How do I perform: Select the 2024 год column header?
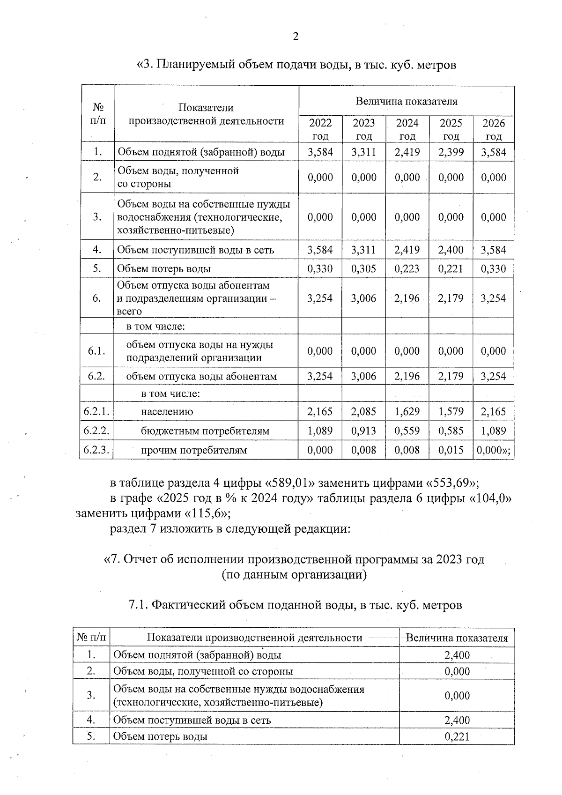[x=407, y=129]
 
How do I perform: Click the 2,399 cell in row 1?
[x=451, y=152]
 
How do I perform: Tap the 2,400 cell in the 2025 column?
[x=451, y=250]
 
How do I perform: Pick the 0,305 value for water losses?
[x=363, y=268]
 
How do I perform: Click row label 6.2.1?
[x=96, y=412]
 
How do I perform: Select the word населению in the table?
[x=167, y=412]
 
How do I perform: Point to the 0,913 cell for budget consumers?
[x=363, y=431]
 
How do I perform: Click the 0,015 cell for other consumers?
[x=451, y=450]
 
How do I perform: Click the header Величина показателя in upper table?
[x=406, y=101]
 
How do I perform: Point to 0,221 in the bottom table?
[x=457, y=736]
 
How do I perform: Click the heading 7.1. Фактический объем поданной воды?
[x=295, y=605]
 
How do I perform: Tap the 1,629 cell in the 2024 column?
[x=407, y=412]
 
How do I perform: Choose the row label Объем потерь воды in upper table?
[x=163, y=268]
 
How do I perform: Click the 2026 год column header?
[x=494, y=129]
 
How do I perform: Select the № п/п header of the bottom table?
[x=91, y=638]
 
